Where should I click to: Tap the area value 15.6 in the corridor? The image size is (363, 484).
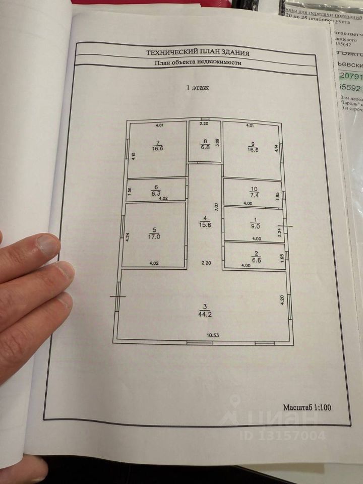click(x=205, y=225)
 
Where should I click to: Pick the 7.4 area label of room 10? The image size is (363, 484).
click(x=254, y=194)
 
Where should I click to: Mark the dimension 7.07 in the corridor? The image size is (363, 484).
click(x=215, y=207)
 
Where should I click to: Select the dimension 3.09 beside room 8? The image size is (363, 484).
click(x=217, y=142)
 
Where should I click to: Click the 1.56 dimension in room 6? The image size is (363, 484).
click(x=130, y=191)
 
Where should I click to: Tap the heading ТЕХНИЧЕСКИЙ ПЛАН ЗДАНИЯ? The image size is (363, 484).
click(x=198, y=52)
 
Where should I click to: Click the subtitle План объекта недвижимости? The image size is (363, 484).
click(x=198, y=63)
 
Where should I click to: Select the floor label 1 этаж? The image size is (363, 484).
click(x=198, y=88)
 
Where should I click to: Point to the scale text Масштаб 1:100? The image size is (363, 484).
click(x=307, y=407)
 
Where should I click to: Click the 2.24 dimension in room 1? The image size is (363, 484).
click(x=279, y=233)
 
